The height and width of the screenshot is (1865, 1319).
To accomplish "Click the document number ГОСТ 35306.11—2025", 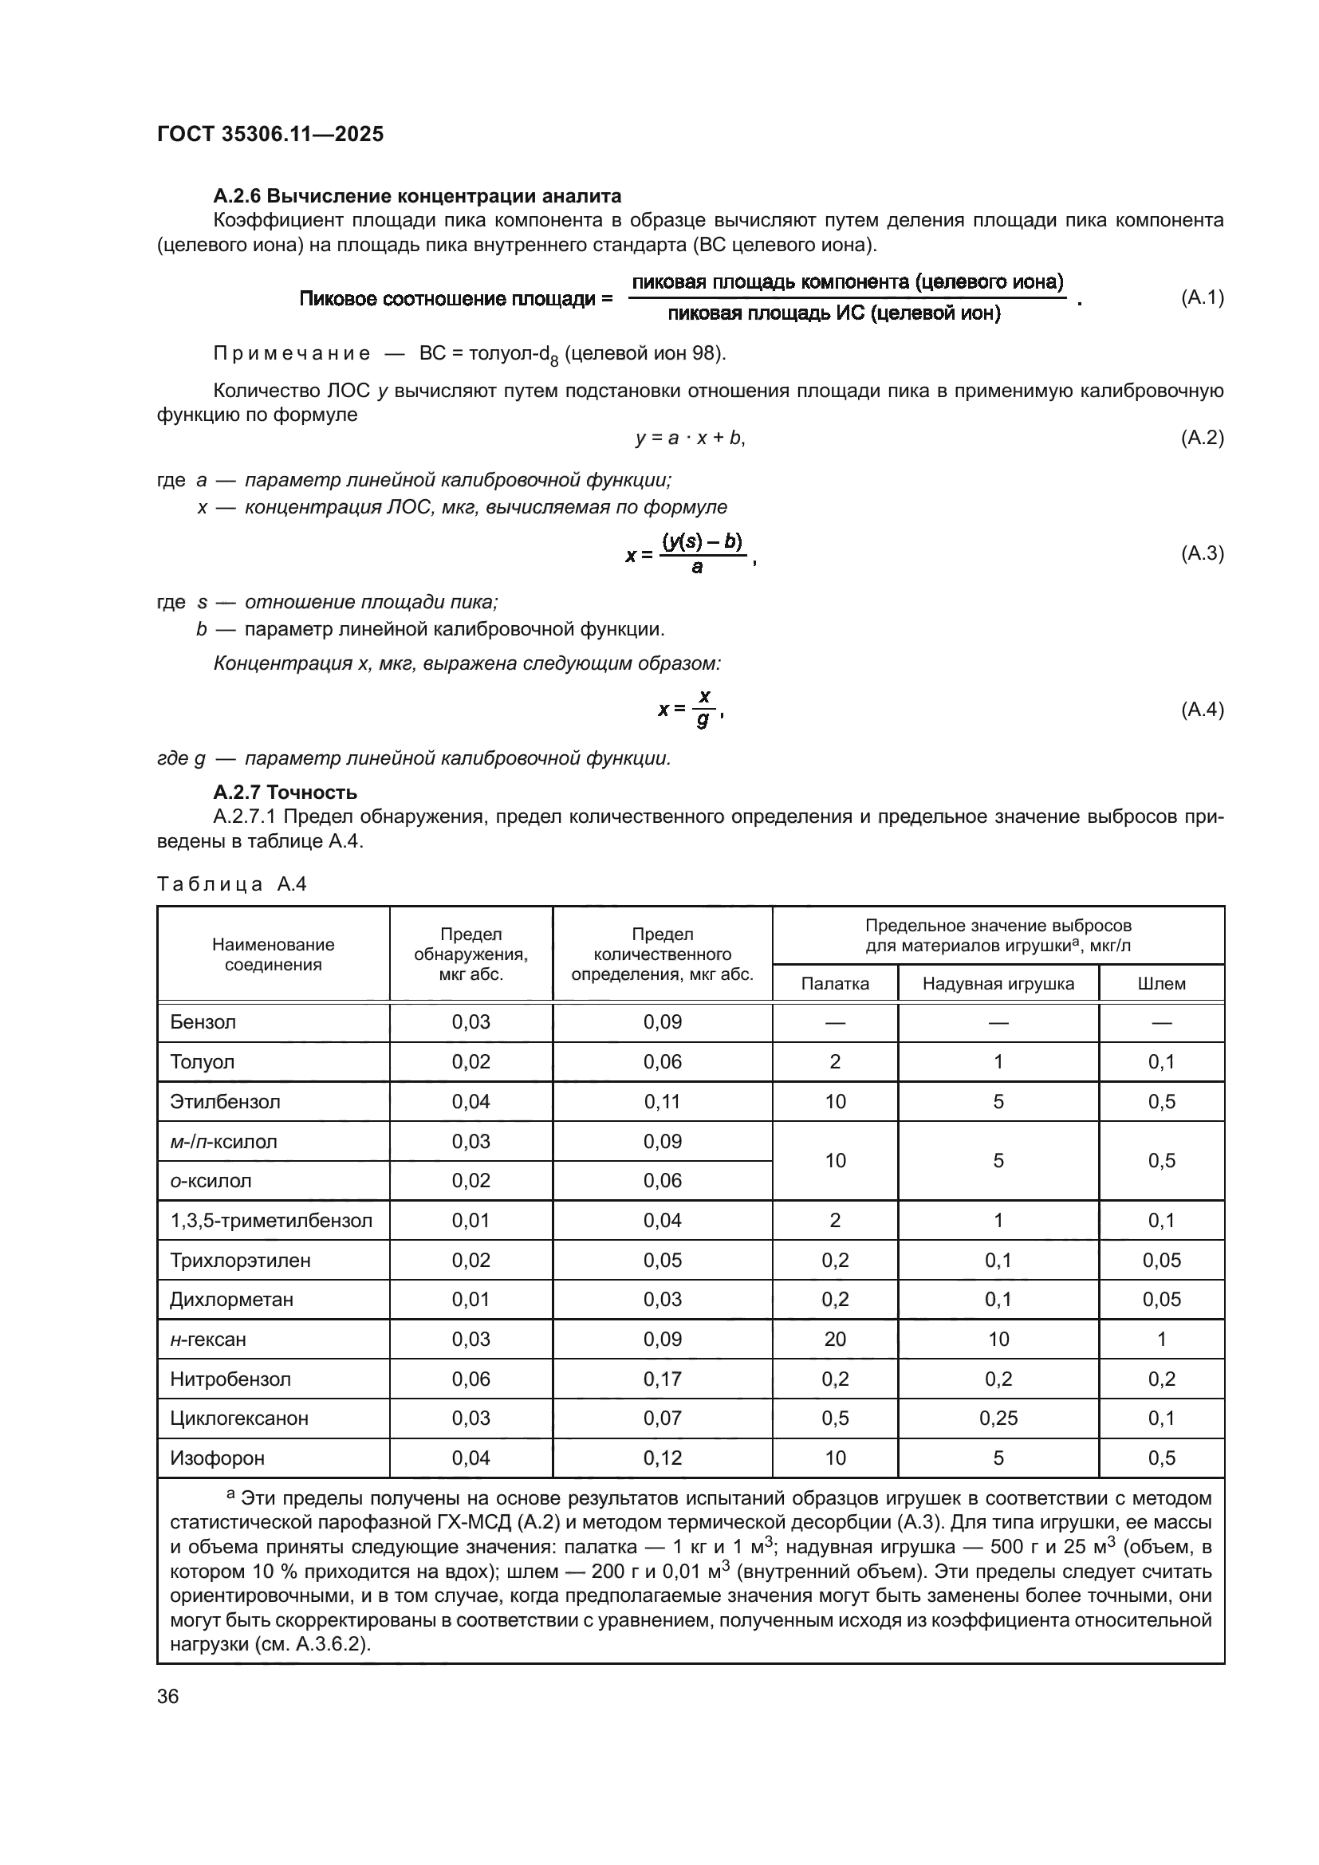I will (x=270, y=134).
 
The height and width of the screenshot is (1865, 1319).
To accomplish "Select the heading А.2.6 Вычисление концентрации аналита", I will (x=416, y=196).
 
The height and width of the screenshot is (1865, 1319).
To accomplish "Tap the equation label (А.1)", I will (x=1201, y=297).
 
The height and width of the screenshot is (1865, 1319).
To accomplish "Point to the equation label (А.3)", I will (x=1201, y=553).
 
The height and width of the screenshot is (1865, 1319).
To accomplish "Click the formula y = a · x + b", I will (x=690, y=438).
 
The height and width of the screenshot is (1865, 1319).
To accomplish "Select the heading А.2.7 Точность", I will (x=284, y=792).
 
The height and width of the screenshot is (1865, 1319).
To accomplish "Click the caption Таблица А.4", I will (x=231, y=883).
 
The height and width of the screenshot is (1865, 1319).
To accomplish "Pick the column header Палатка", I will (x=834, y=984).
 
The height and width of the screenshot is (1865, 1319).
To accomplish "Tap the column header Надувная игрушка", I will (x=998, y=984).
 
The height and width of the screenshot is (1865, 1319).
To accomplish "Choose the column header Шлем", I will (x=1160, y=984).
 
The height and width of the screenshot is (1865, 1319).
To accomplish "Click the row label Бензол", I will (x=203, y=1022).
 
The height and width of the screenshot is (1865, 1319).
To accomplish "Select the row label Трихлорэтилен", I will (x=239, y=1260).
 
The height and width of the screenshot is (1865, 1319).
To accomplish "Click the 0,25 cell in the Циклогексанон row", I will (x=998, y=1418).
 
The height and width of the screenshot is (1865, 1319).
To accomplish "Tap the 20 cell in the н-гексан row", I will (x=834, y=1339).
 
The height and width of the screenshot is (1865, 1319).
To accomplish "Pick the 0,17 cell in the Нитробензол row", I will (x=662, y=1379).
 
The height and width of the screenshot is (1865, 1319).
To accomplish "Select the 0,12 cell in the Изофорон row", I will (x=662, y=1458).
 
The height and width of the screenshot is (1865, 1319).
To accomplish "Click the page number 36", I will (x=167, y=1696).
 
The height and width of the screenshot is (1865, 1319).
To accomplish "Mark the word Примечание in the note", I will (x=291, y=353).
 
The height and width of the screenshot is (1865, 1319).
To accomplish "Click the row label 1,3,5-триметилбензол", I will (x=270, y=1220).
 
